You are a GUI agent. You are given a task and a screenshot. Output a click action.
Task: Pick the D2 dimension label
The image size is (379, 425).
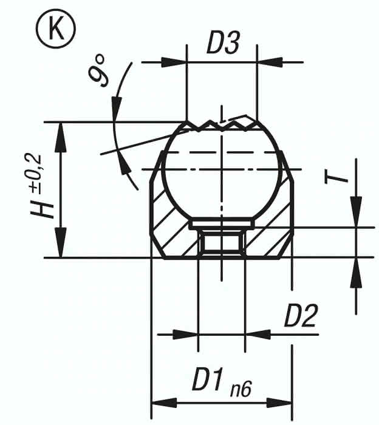pyautogui.click(x=301, y=316)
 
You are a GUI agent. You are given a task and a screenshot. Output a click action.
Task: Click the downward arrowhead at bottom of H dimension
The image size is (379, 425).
pyautogui.click(x=60, y=246)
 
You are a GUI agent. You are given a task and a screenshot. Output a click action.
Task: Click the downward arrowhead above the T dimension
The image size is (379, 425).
pyautogui.click(x=357, y=216)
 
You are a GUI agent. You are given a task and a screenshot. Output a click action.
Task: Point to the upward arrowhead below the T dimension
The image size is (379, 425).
pyautogui.click(x=357, y=269)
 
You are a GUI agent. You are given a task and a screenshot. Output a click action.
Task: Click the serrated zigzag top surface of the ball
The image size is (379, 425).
pyautogui.click(x=222, y=124)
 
